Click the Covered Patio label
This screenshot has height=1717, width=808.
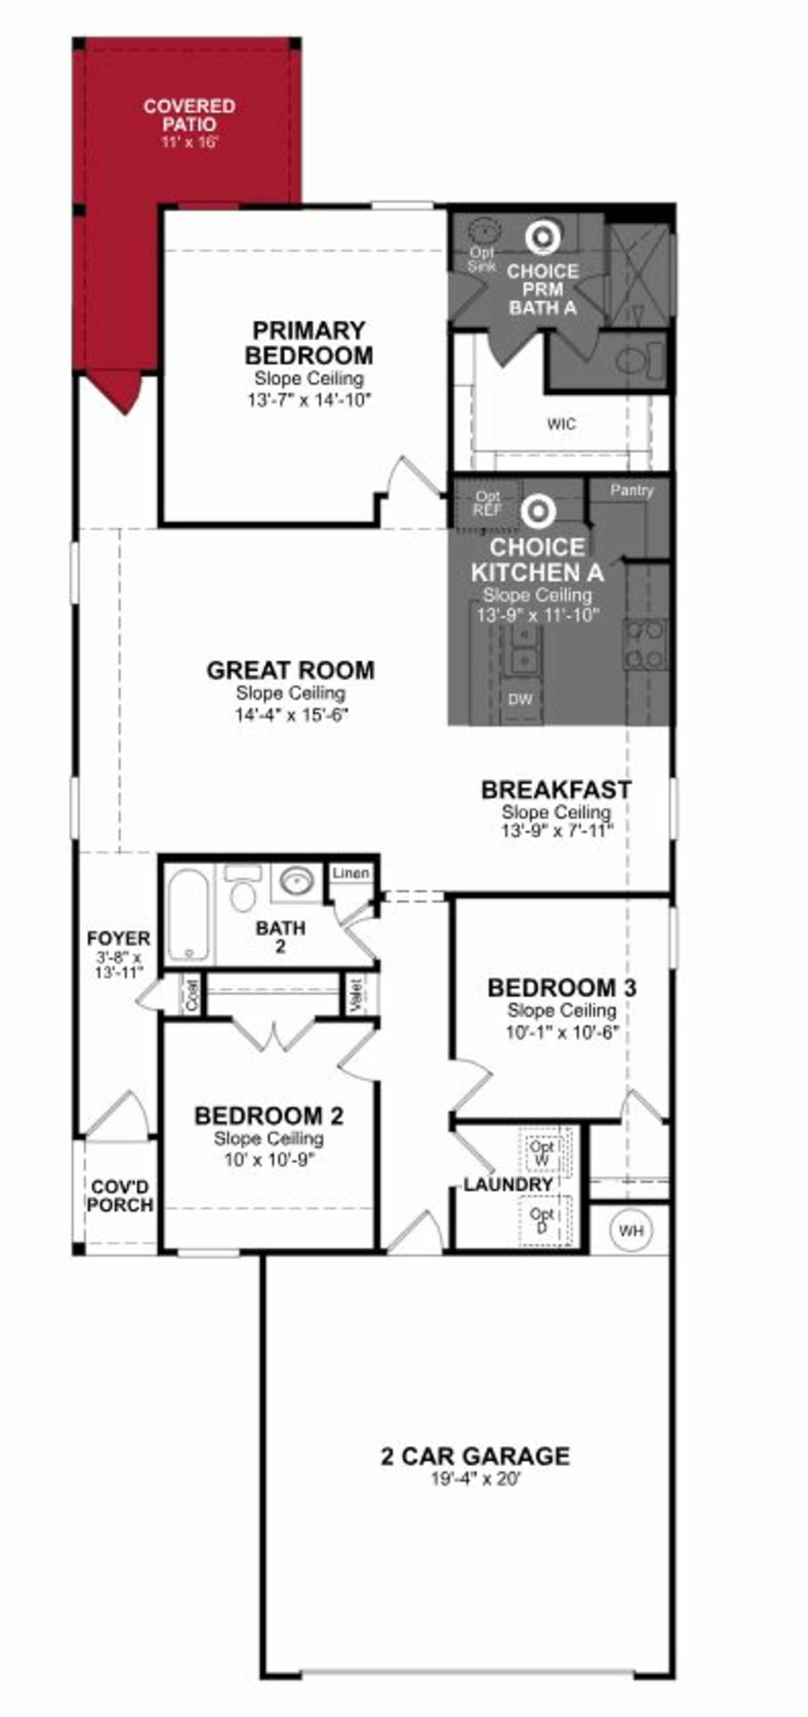pos(189,115)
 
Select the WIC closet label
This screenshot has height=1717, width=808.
pos(561,424)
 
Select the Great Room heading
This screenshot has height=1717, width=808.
pos(290,670)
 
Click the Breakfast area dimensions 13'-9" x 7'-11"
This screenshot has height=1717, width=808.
pos(557,831)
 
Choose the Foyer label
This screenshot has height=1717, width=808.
pos(118,938)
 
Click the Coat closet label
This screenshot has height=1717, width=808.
pos(192,995)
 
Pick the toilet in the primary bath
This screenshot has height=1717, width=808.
pos(633,361)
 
